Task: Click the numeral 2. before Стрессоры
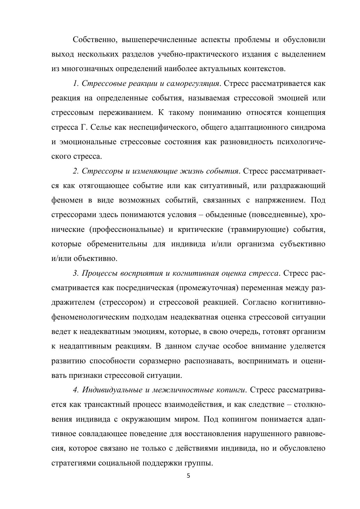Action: tap(76, 171)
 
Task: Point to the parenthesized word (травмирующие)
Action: tap(258, 230)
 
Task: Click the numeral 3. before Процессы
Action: tap(76, 273)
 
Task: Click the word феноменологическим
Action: tap(90, 317)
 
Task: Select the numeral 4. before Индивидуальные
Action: tap(76, 390)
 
